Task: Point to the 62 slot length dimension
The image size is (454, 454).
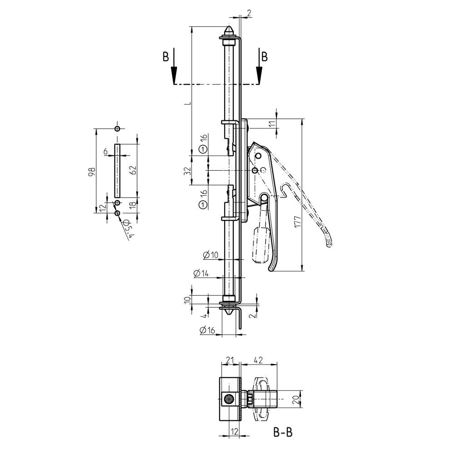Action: (133, 170)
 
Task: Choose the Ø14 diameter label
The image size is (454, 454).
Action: (200, 273)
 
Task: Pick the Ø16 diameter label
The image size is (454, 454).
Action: (207, 331)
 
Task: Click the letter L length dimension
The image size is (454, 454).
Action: (186, 104)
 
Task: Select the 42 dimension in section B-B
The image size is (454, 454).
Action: (258, 360)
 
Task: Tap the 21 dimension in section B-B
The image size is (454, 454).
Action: (230, 360)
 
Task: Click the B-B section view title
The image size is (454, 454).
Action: (283, 433)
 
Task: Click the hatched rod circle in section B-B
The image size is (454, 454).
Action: (230, 400)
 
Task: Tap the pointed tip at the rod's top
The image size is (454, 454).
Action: (230, 30)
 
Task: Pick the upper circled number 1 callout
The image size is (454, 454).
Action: (203, 150)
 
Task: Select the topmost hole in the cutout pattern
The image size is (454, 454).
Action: (117, 128)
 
